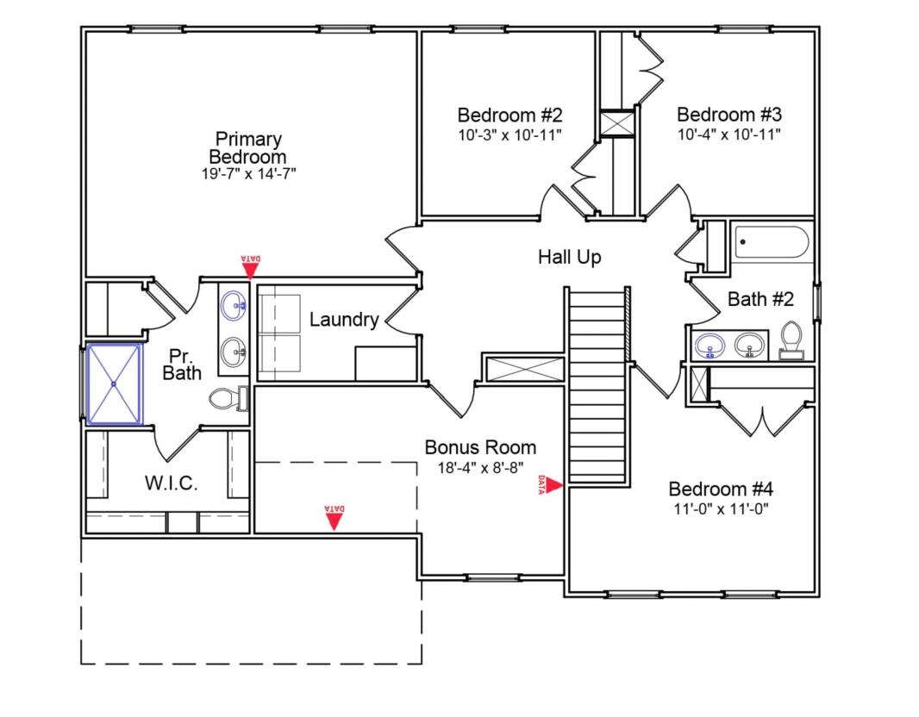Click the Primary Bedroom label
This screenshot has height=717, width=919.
point(248,148)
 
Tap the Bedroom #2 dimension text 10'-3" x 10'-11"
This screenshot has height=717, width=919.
point(510,134)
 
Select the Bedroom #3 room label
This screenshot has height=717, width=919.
point(728,115)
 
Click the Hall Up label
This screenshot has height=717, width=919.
point(569,257)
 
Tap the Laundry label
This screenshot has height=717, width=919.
point(344,321)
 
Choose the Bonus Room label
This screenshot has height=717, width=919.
point(480,448)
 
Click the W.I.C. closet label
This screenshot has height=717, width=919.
point(170,483)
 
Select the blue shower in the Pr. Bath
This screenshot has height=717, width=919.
point(115,383)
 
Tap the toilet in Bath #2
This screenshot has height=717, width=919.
point(791,340)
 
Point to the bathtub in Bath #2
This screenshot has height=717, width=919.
point(772,242)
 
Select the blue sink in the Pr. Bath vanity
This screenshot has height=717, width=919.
point(233,303)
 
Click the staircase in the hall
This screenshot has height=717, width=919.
point(597,383)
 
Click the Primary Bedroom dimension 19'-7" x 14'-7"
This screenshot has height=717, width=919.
point(248,173)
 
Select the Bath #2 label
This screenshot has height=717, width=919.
point(760,300)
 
